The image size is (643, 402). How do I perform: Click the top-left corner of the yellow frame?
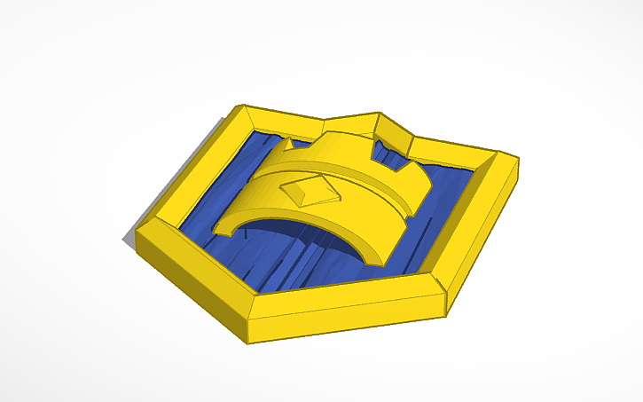click(x=238, y=109)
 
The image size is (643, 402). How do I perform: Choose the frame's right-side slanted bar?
click(x=483, y=235)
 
